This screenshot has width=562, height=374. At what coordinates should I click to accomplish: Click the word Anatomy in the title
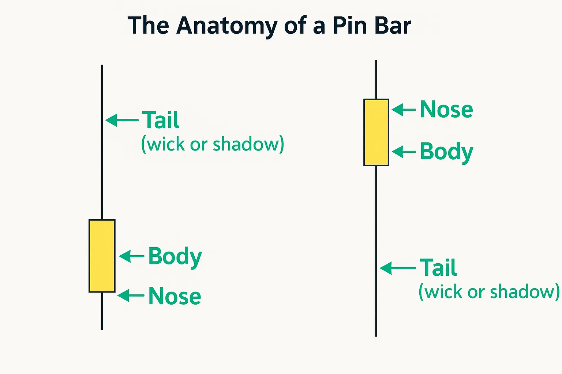227,26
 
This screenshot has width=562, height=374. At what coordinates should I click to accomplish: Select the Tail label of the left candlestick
161,120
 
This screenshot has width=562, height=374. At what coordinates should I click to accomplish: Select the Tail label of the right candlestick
438,268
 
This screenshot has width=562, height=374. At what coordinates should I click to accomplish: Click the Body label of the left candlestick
175,256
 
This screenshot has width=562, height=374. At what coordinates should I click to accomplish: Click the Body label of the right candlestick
446,152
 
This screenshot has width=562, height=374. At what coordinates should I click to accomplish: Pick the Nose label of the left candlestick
175,296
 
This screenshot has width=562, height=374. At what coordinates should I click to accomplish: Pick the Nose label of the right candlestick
446,109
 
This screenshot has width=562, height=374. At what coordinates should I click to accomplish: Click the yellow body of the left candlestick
102,256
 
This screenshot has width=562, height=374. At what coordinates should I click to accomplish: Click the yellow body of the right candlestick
376,132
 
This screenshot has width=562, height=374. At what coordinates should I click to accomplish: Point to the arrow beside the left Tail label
122,120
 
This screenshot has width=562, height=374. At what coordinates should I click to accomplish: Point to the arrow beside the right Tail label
398,268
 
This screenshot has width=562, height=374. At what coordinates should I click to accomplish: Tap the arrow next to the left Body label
132,256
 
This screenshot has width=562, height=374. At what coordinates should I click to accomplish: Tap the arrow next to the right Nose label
404,109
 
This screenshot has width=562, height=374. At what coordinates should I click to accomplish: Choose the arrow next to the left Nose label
131,295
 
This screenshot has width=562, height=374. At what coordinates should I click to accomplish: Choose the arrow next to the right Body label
404,152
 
